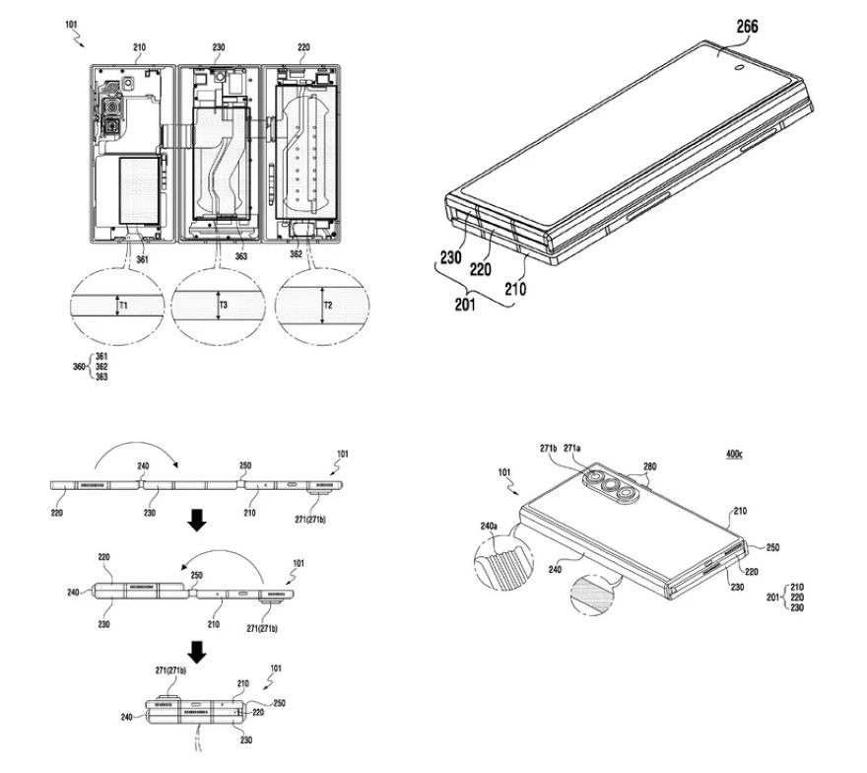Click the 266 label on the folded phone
[746, 28]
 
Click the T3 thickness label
[226, 306]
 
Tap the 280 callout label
[649, 467]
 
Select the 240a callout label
[489, 527]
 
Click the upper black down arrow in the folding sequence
[198, 523]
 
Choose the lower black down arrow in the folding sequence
[198, 652]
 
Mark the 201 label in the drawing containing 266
[464, 304]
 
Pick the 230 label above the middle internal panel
[218, 46]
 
